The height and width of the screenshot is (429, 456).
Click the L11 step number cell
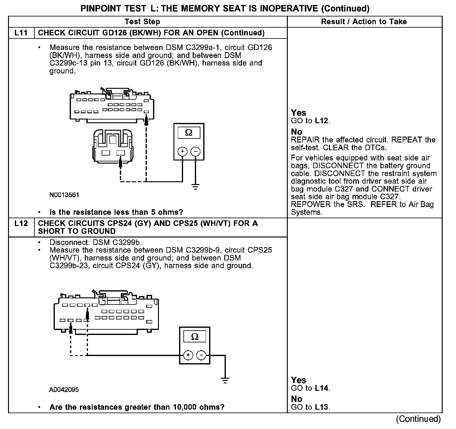click(21, 33)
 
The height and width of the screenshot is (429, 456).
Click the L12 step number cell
click(21, 224)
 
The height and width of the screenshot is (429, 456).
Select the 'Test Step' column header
click(142, 22)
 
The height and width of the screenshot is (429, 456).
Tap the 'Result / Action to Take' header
click(364, 22)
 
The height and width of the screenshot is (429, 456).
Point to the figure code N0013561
click(64, 195)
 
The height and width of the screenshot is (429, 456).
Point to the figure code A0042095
click(64, 390)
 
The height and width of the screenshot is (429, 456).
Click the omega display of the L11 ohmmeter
click(189, 133)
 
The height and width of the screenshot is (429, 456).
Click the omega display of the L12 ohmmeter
click(195, 336)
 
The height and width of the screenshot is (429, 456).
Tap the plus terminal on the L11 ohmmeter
click(182, 151)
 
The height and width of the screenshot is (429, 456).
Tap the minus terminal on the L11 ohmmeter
click(195, 151)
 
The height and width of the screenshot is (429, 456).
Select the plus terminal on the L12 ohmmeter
click(188, 355)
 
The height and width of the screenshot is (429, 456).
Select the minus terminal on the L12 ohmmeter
click(201, 355)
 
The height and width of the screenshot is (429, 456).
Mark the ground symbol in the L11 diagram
click(195, 187)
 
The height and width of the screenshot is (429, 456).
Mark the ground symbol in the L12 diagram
click(225, 380)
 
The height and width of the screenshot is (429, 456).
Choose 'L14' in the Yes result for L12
click(322, 388)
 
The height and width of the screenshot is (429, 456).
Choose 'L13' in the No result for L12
click(322, 407)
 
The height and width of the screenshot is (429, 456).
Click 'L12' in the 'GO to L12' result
click(322, 121)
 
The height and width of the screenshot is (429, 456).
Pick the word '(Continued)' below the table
click(418, 419)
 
